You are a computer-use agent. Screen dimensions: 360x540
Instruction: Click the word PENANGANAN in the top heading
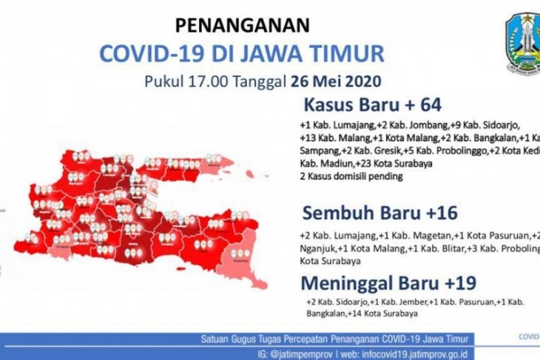[x=242, y=26]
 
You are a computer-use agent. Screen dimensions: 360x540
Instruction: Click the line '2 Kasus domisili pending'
[x=351, y=176]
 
